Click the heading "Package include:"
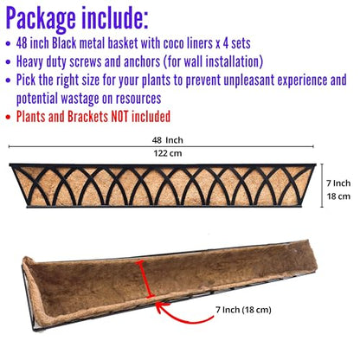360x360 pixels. (77, 18)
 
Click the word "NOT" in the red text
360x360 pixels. (119, 117)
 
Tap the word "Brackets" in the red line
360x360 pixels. (87, 117)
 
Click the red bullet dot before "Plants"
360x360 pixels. (8, 118)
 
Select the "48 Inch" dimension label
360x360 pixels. (168, 140)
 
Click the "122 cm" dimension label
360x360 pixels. (168, 153)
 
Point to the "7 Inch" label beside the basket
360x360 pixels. (338, 183)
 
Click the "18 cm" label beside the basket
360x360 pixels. (338, 196)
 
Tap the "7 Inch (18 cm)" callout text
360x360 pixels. (243, 310)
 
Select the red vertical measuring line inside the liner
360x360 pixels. (145, 279)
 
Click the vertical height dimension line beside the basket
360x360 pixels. (322, 185)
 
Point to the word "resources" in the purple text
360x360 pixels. (138, 100)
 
